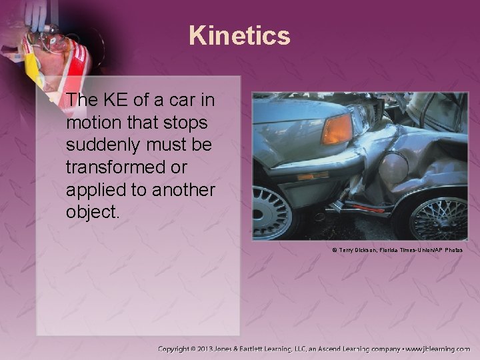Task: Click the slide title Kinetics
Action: coord(239,35)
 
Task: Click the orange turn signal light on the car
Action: coord(336,128)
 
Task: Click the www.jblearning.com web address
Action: coord(440,349)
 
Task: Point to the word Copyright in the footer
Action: coord(178,349)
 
